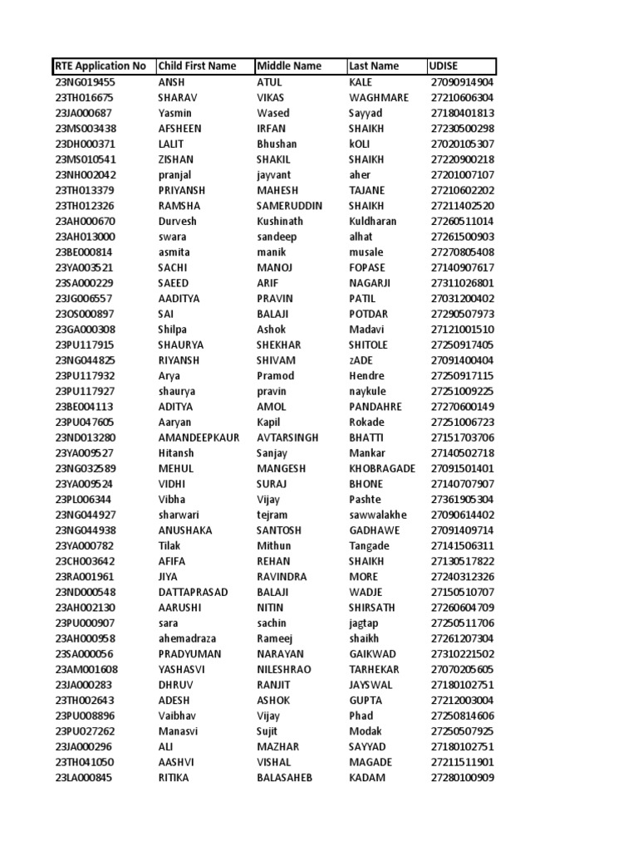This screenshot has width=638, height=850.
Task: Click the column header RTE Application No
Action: pos(101,66)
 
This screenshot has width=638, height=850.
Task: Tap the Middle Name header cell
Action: pos(289,66)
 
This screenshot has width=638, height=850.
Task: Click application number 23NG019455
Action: pos(86,82)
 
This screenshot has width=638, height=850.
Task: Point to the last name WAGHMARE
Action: pos(379,98)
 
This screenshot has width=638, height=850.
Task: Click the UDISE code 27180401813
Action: pos(463,113)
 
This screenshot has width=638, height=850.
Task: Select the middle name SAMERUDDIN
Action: pos(290,206)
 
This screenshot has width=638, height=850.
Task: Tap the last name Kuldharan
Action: pos(373,222)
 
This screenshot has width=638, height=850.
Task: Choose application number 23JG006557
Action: pos(85,299)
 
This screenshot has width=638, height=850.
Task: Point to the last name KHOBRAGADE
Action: pos(382,469)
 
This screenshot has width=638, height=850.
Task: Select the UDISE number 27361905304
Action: pos(463,500)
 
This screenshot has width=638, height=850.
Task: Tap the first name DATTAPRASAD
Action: pos(193,593)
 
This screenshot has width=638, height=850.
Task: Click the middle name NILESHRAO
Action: pos(287,670)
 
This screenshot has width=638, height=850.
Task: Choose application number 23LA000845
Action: pos(84,778)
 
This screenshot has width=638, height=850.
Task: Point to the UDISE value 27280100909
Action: pos(463,778)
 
